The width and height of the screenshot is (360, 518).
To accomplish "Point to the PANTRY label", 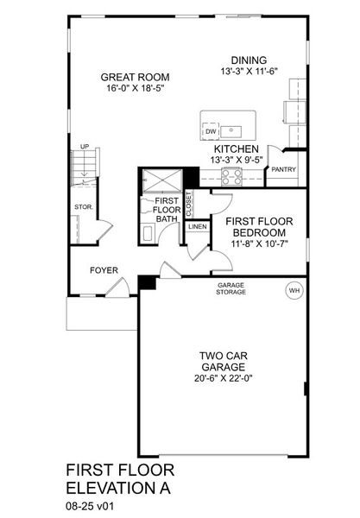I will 283,170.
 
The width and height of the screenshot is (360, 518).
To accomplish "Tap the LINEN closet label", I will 198,226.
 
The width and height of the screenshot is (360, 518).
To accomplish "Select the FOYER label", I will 104,270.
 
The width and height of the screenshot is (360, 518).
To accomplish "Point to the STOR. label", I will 84,207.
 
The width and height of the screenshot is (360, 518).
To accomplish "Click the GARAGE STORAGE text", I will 231,288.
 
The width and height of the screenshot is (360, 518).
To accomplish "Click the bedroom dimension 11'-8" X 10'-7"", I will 258,244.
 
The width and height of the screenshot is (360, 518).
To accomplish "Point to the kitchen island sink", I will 231,131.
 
